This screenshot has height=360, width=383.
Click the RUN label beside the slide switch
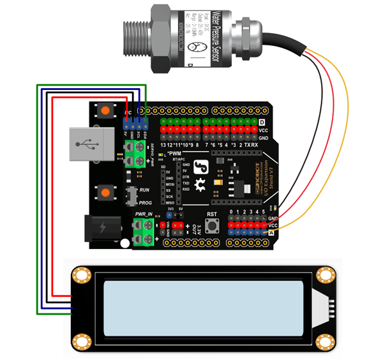click(x=145, y=190)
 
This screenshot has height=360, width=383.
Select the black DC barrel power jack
click(x=98, y=229)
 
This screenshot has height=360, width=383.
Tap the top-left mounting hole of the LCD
click(x=80, y=275)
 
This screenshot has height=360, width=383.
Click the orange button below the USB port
click(x=103, y=191)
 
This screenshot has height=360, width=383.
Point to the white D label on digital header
click(x=262, y=122)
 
